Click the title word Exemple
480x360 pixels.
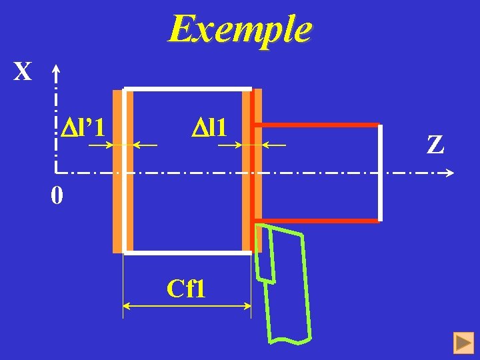[x=239, y=29]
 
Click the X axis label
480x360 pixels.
[x=23, y=71]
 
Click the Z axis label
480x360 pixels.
[x=435, y=145]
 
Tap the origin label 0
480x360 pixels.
[x=57, y=196]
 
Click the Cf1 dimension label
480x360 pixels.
[x=186, y=289]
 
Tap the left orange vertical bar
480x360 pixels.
[x=118, y=171]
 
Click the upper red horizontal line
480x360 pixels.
[x=317, y=125]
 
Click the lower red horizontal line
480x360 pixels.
[x=317, y=221]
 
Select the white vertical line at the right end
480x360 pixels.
[x=380, y=173]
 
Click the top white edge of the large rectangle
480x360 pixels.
[x=187, y=88]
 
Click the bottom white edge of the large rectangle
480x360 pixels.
[x=187, y=253]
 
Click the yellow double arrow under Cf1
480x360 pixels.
[x=187, y=306]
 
